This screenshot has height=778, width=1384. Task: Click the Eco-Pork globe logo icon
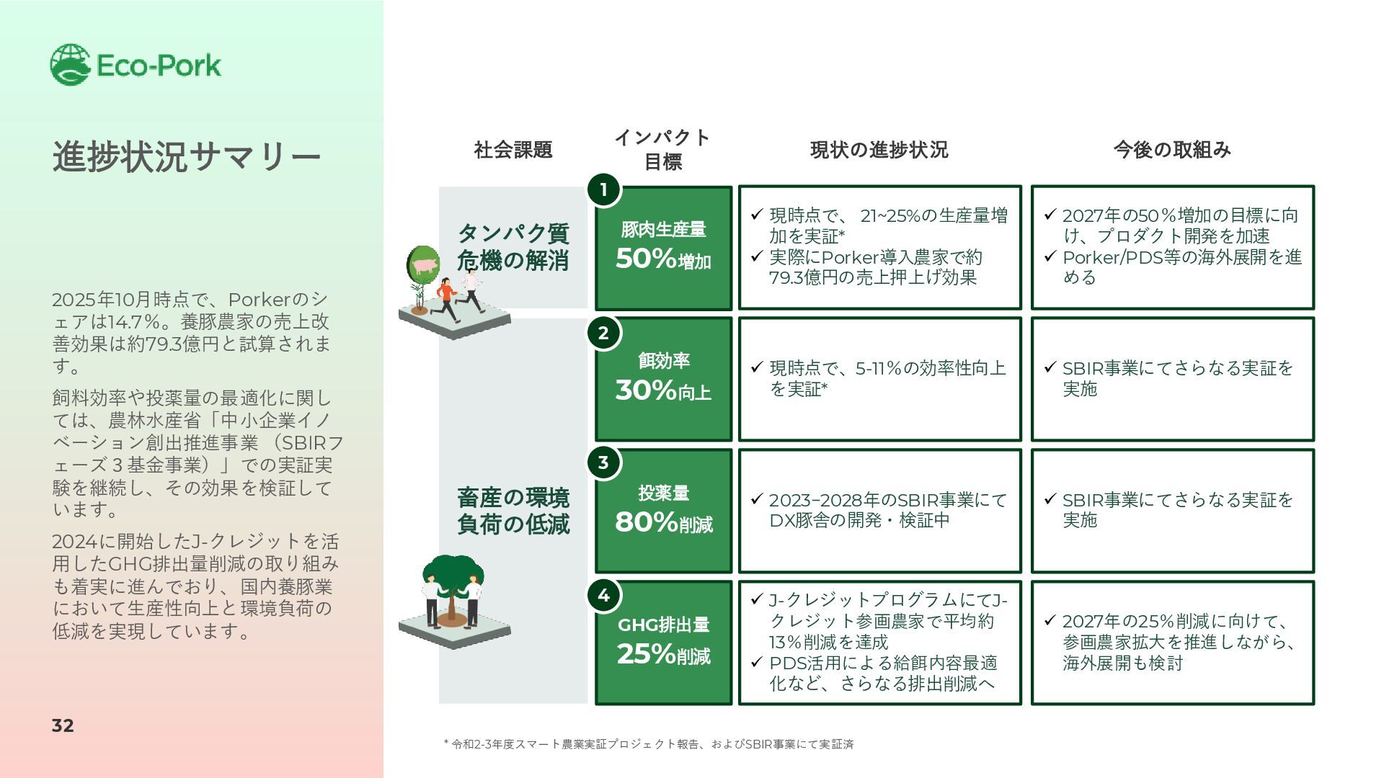[x=70, y=65]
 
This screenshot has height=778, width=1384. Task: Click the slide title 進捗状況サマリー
[x=186, y=156]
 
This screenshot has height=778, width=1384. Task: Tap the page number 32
[x=63, y=725]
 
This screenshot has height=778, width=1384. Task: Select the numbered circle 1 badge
[x=603, y=190]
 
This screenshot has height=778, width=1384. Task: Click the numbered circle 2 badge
[x=603, y=334]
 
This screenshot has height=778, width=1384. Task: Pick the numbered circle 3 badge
[x=603, y=462]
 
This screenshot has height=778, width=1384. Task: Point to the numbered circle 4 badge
[x=603, y=595]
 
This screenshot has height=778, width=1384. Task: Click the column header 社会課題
[x=513, y=150]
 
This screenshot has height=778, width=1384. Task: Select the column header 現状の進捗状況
[x=879, y=150]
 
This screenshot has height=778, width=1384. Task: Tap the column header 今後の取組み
[x=1172, y=150]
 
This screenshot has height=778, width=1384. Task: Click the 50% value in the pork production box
[x=646, y=259]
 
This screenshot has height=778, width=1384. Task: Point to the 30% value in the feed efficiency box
[x=646, y=390]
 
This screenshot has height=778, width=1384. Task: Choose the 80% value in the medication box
[x=646, y=522]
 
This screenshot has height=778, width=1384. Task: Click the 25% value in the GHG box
[x=646, y=654]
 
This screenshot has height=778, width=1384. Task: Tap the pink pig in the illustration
[x=425, y=265]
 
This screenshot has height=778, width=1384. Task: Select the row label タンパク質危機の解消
[x=513, y=246]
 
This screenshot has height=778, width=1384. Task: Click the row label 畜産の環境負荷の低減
[x=513, y=511]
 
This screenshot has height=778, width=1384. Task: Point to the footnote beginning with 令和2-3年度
[x=649, y=744]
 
